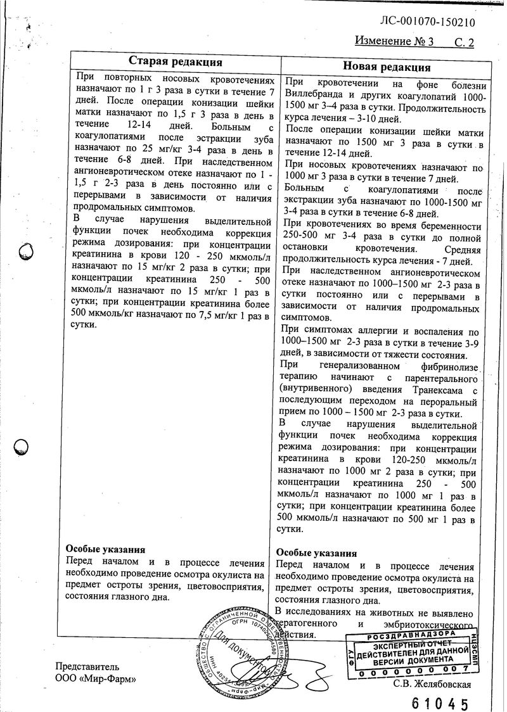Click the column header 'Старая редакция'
(175, 61)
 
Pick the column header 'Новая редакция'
(386, 67)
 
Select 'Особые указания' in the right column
(316, 553)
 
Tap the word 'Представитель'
(87, 666)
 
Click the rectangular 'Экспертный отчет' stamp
(412, 652)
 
